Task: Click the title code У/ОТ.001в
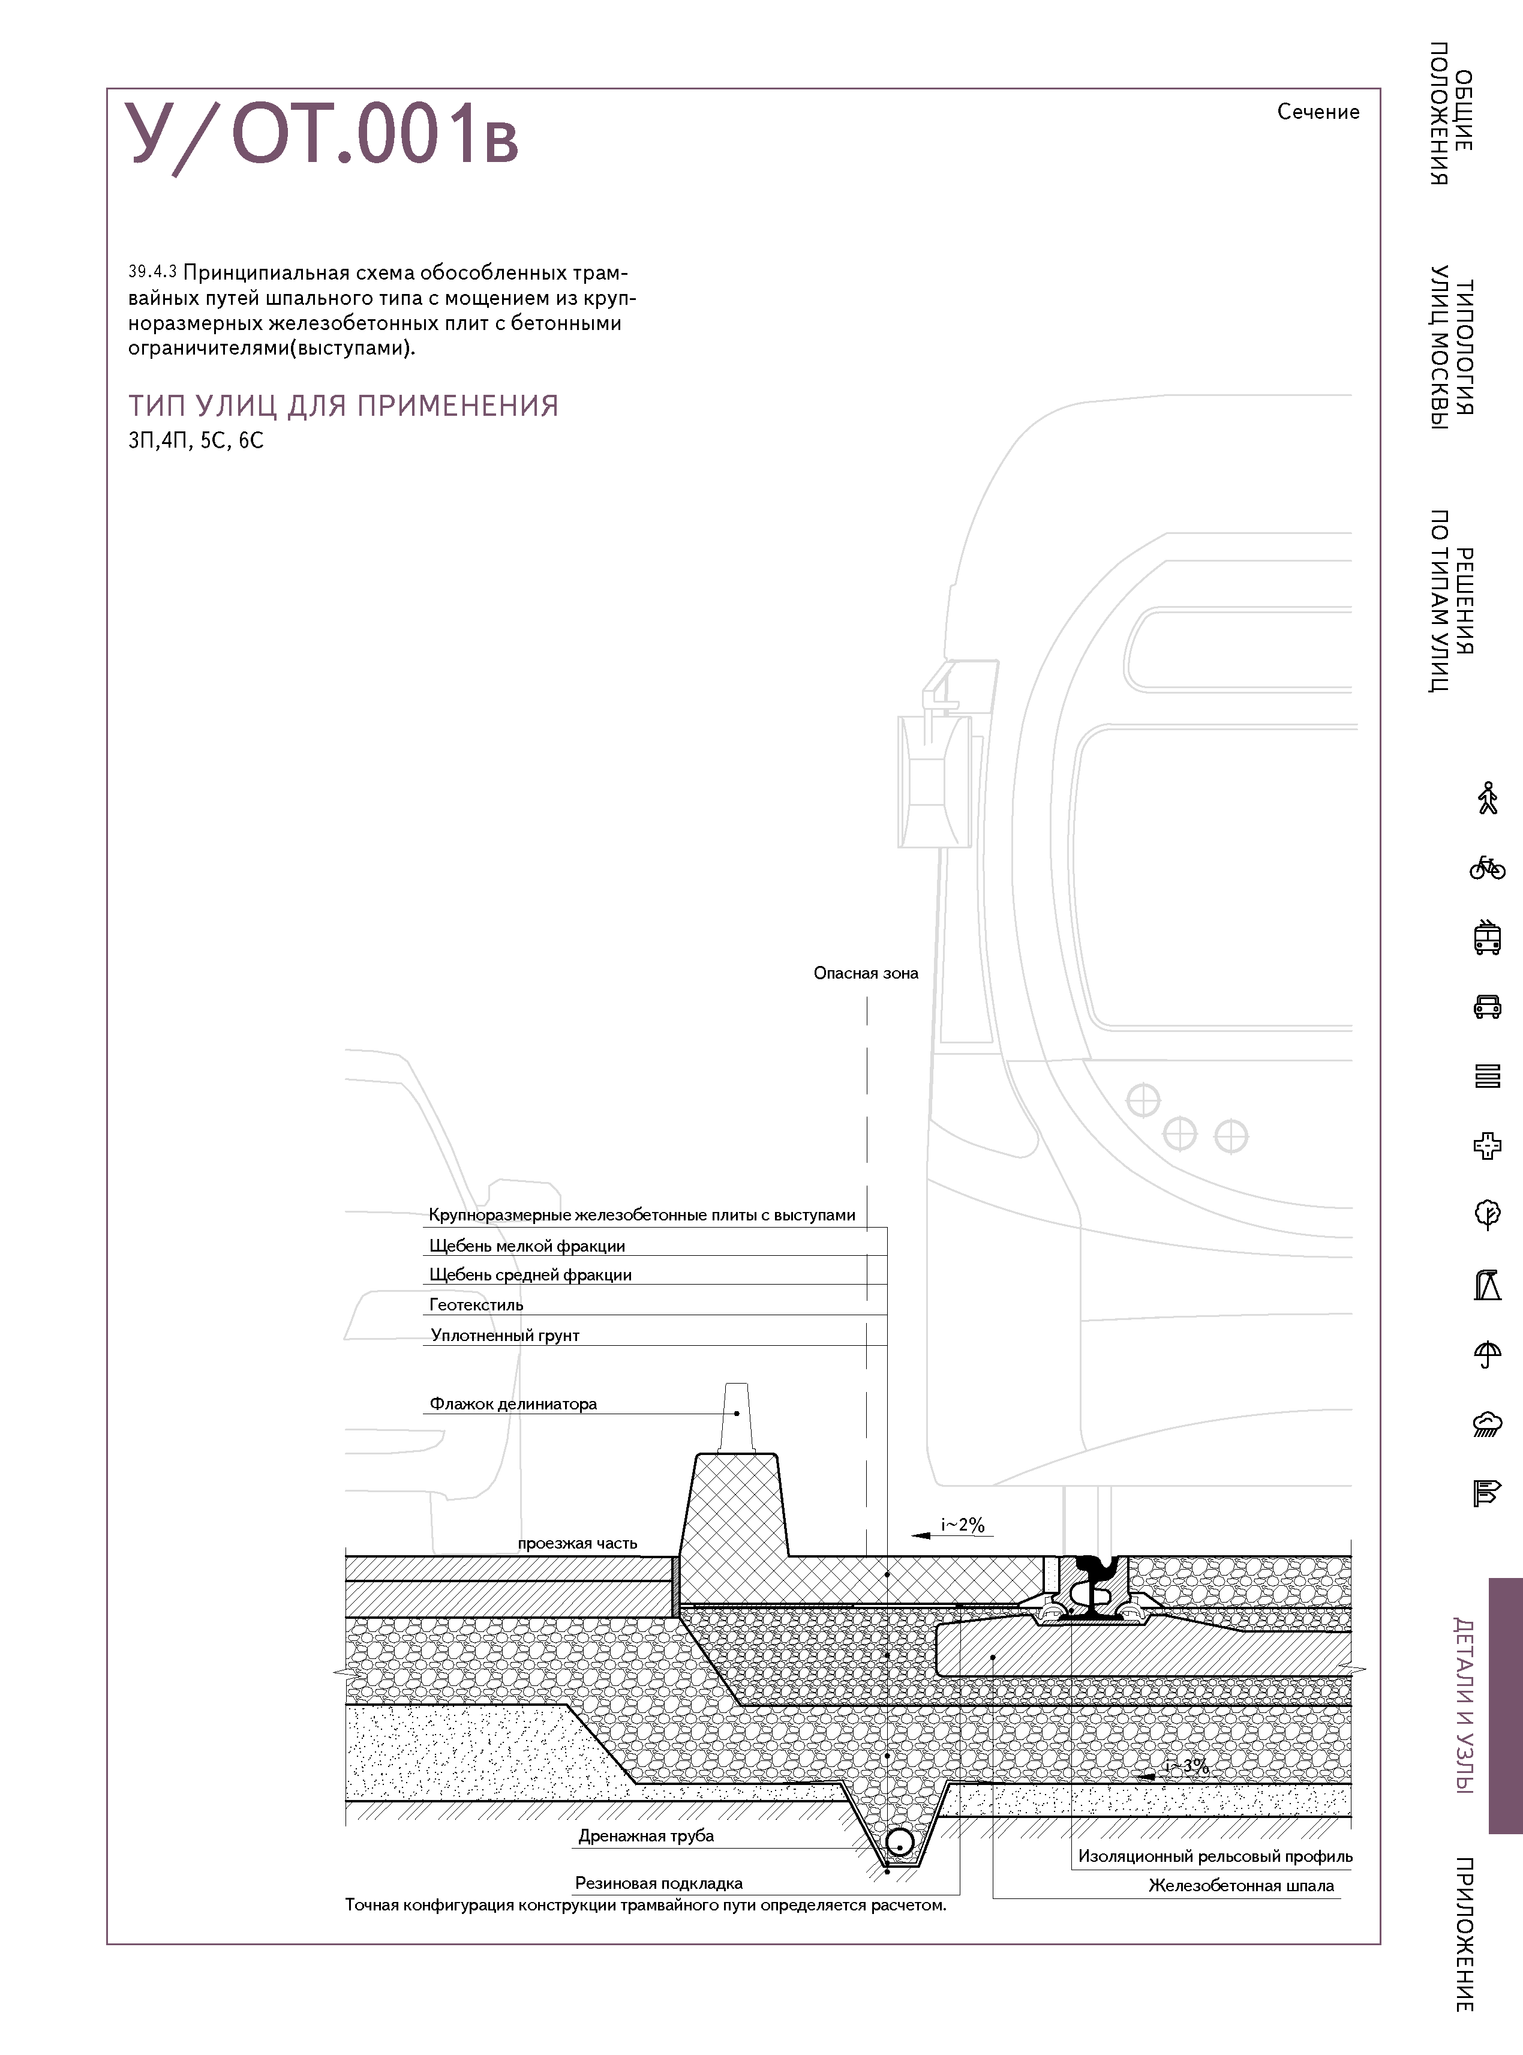(x=323, y=136)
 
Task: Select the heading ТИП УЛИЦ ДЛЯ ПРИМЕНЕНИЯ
(x=343, y=406)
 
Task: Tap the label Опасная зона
(x=866, y=973)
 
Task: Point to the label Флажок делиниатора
(x=513, y=1404)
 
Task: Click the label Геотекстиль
(x=476, y=1304)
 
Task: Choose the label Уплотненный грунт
(x=504, y=1335)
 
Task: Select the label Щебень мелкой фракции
(x=527, y=1246)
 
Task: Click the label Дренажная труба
(x=645, y=1835)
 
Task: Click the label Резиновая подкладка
(x=658, y=1883)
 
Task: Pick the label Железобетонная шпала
(x=1241, y=1885)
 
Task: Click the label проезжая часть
(x=577, y=1543)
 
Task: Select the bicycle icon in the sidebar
(x=1487, y=868)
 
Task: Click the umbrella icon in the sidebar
(x=1487, y=1354)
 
